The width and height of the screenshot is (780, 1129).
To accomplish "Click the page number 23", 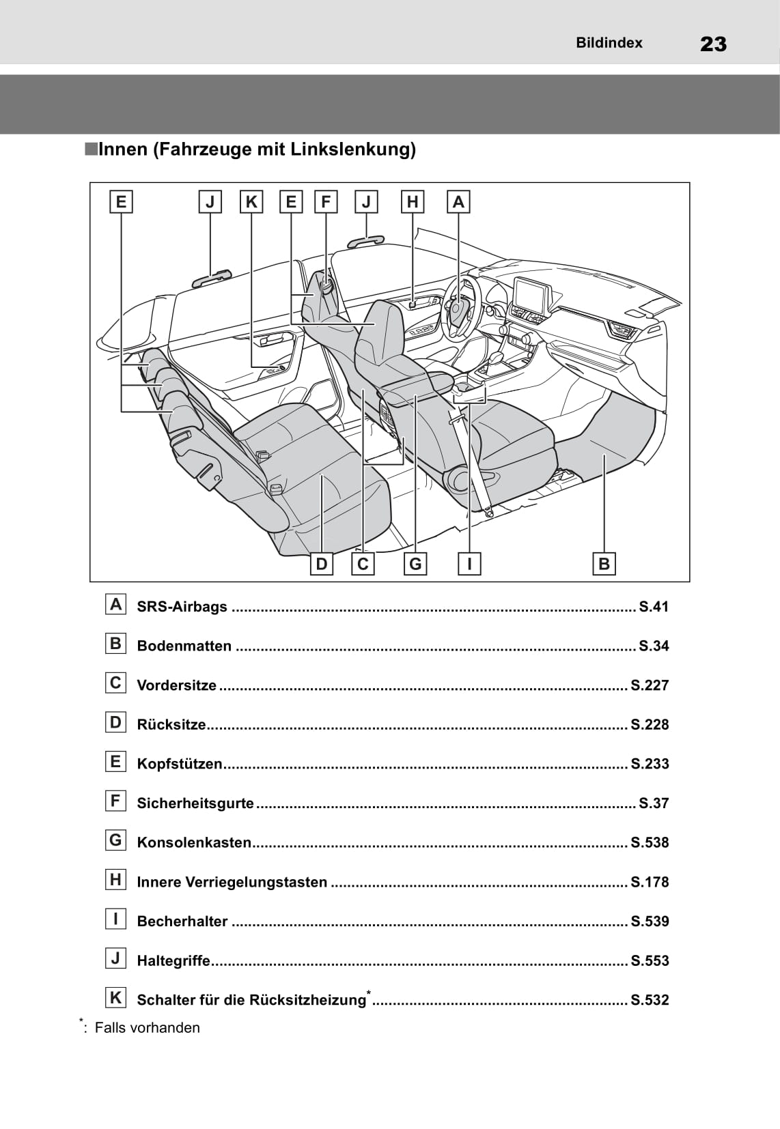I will pos(713,44).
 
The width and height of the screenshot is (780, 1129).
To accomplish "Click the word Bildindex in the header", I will pos(609,43).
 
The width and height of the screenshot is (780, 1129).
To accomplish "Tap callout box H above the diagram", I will pos(413,202).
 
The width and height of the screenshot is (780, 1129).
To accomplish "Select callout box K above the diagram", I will pos(251,202).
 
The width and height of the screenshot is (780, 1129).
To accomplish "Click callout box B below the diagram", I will pos(604,564).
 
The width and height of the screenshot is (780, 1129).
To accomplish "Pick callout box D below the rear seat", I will pos(322,564).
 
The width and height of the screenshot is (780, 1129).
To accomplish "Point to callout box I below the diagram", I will pos(469,564).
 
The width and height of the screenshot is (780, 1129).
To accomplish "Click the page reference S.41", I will pos(653,607).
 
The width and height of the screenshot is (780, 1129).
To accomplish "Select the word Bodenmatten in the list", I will pos(184,646).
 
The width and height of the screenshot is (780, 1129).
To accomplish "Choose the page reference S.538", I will pos(650,843).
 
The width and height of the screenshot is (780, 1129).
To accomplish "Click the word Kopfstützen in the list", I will pos(180,764).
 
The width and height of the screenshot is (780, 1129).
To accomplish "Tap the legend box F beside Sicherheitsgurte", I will pos(115,801).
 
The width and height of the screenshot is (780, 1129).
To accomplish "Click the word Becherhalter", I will pos(182,921).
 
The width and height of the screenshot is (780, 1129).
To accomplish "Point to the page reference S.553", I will pos(650,961).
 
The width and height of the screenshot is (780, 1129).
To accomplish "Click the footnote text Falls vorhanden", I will pos(147,1028).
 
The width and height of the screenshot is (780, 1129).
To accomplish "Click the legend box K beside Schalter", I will pos(115,998).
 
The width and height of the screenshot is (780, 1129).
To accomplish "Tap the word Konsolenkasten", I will pos(194,843).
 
